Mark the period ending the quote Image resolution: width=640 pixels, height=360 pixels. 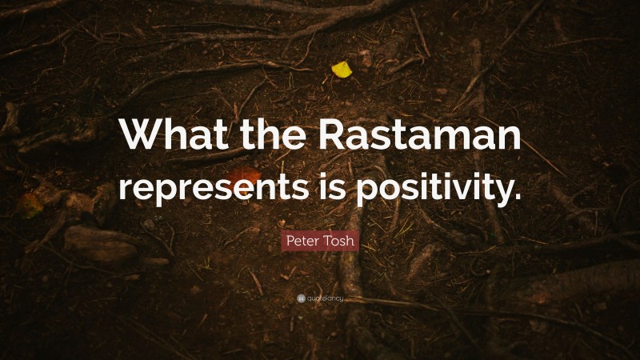516,196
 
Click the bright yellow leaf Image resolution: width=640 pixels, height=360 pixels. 342,70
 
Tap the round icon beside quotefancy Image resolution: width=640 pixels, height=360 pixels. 301,299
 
